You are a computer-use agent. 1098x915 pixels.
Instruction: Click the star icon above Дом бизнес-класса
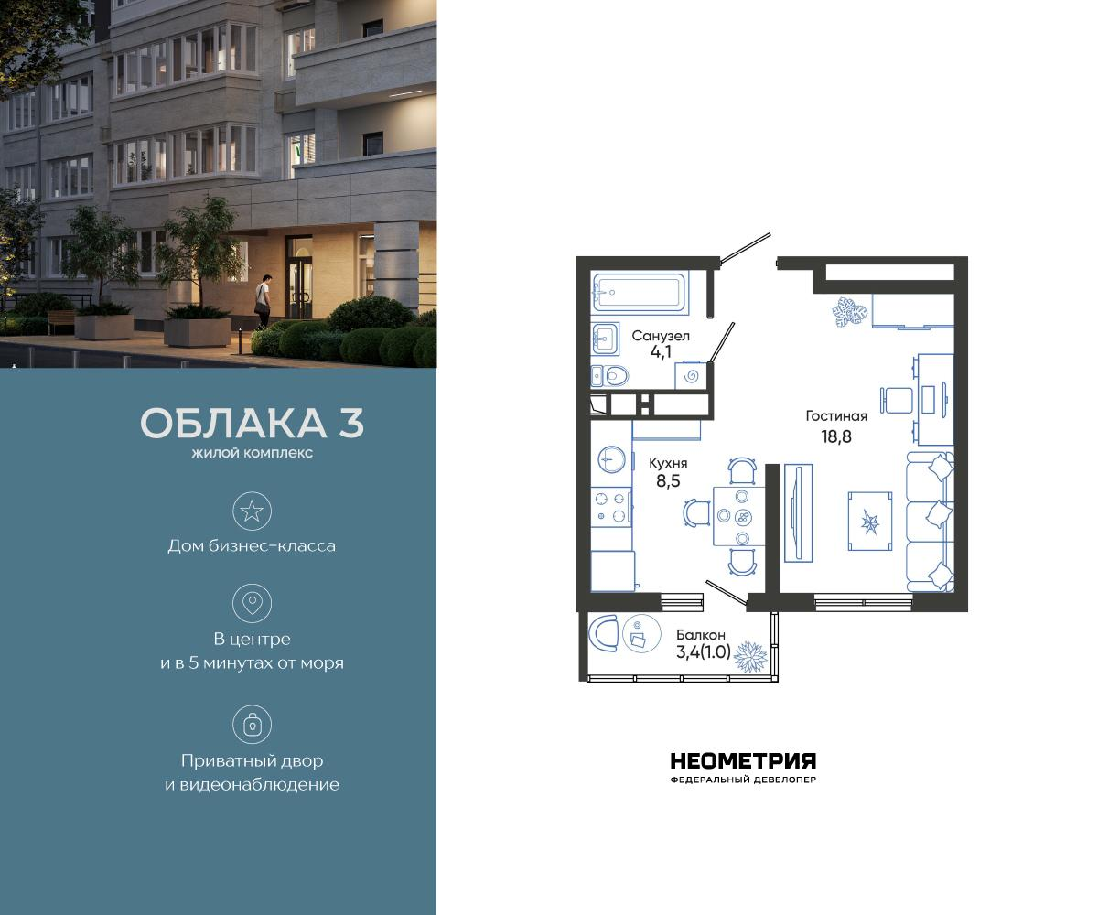(252, 511)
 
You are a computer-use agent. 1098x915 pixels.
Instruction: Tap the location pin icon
(252, 603)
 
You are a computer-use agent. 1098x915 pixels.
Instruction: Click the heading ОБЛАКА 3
(252, 424)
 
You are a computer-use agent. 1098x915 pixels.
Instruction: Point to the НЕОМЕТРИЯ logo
(743, 762)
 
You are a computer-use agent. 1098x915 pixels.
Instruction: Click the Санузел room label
(660, 337)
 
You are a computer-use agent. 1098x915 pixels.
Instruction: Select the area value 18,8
(835, 436)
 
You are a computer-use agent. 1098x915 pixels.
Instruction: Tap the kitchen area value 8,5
(667, 479)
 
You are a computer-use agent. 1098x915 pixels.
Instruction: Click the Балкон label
(701, 634)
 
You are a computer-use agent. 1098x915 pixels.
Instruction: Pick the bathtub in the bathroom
(638, 293)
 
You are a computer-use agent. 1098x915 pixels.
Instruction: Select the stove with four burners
(611, 508)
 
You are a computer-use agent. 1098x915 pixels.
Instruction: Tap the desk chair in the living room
(897, 401)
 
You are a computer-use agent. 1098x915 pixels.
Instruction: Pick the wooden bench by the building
(61, 321)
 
